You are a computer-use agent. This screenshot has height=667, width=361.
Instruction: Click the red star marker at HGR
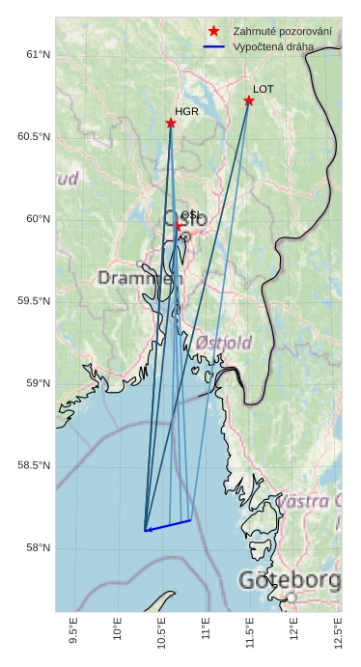point(171,123)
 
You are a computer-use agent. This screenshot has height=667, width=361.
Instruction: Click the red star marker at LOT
point(249,100)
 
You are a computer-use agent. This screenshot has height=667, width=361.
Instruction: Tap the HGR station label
point(186,112)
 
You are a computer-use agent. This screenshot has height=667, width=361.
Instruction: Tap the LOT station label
point(263,89)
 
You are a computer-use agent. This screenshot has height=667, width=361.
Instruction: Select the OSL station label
point(189,215)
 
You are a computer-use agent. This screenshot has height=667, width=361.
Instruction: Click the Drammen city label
point(140,278)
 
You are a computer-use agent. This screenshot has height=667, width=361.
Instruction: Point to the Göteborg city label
point(289,581)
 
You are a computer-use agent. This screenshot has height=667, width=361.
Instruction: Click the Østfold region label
point(223,343)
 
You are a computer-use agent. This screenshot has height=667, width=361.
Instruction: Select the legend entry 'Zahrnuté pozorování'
point(282,32)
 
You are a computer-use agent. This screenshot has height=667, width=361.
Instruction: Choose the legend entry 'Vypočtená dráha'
point(273,46)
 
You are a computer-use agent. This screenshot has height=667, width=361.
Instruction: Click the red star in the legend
point(214,32)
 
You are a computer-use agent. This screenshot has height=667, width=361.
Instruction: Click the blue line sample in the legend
point(214,46)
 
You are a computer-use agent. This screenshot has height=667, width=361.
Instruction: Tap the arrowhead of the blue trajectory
point(147,530)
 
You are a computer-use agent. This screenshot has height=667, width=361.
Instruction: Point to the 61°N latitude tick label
point(38,54)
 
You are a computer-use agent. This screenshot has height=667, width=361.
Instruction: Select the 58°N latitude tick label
point(38,548)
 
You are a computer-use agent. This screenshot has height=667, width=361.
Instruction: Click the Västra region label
point(309,501)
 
